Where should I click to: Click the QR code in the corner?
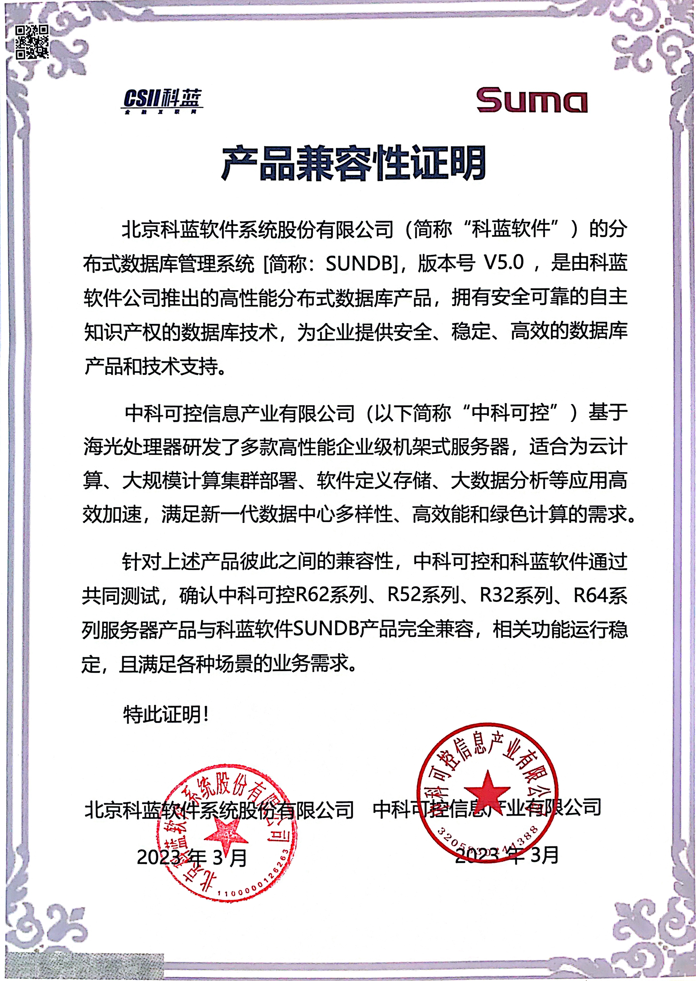point(32,42)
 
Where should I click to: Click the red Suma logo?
point(532,100)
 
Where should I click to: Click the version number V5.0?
point(504,262)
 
